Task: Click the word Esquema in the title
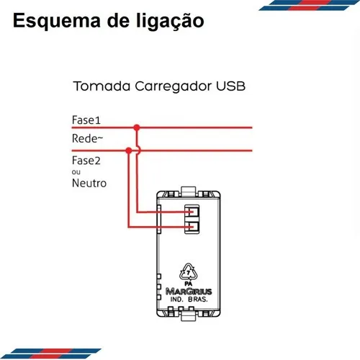[x=57, y=22]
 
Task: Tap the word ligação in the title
[x=170, y=22]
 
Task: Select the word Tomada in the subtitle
[x=102, y=86]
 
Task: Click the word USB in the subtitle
[x=230, y=86]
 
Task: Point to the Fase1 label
[x=86, y=120]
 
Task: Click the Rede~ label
[x=87, y=138]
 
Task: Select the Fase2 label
[x=86, y=161]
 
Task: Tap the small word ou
[x=76, y=172]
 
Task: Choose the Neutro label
[x=89, y=183]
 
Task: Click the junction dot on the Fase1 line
[x=137, y=127]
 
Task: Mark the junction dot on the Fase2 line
[x=129, y=150]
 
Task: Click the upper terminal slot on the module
[x=192, y=212]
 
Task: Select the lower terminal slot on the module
[x=192, y=227]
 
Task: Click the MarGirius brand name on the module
[x=189, y=292]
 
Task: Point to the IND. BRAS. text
[x=189, y=300]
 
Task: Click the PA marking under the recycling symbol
[x=189, y=284]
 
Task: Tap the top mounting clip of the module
[x=189, y=192]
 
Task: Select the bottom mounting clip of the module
[x=189, y=315]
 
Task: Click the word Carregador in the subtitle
[x=174, y=87]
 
